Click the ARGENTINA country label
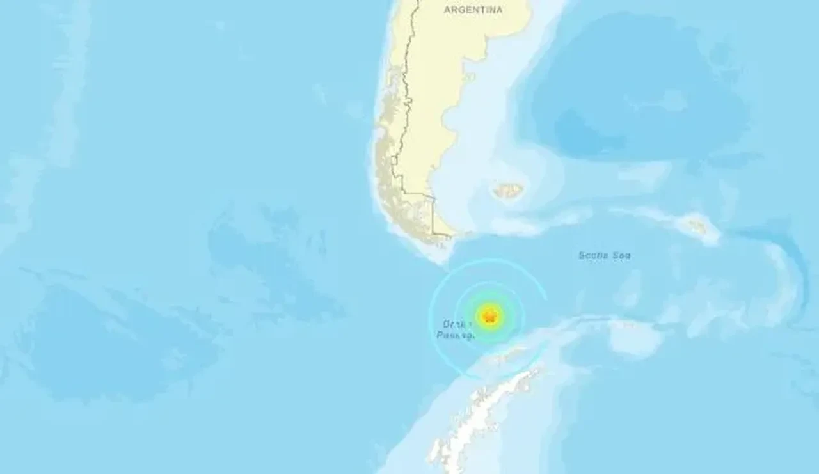473,10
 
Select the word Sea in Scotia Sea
623,255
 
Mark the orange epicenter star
489,315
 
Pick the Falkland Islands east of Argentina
509,190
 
